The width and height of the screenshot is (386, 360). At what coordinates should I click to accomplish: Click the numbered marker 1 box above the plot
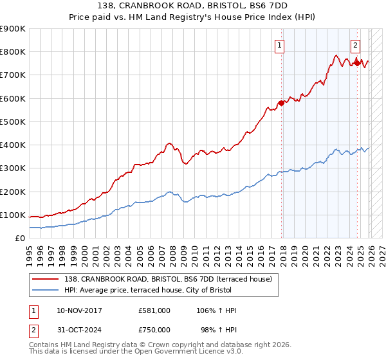(280, 45)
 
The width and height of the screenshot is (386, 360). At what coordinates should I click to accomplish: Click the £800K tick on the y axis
(13, 52)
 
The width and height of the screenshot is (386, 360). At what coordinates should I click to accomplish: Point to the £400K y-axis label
(13, 145)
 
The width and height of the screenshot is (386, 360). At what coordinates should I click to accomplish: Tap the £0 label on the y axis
(19, 239)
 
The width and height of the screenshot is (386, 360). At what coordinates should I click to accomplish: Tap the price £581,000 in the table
(154, 310)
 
